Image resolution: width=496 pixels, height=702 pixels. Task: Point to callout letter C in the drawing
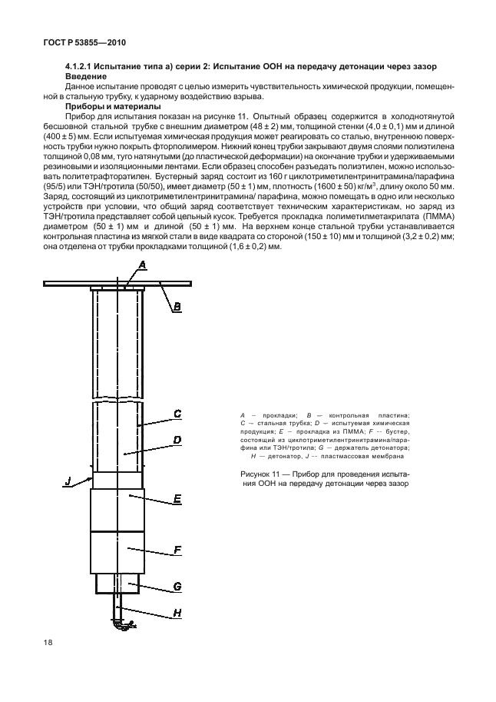(177, 414)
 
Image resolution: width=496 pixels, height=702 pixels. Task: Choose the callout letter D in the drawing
(177, 441)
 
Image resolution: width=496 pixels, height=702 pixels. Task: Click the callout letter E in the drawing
(177, 499)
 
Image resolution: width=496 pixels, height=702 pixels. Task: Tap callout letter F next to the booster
(177, 550)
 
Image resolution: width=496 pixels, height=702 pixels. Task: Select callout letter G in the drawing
(177, 586)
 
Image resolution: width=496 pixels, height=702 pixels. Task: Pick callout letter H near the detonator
(177, 612)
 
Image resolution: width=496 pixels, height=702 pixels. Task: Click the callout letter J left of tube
(68, 482)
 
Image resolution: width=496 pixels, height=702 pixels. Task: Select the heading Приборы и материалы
(114, 106)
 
